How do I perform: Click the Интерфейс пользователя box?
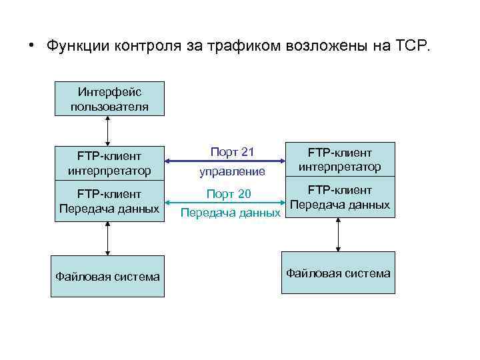tap(109, 99)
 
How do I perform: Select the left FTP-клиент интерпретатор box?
tap(109, 163)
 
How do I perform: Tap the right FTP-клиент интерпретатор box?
tap(339, 159)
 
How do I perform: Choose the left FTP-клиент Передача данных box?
tap(109, 201)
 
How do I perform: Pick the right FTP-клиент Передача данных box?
tap(339, 197)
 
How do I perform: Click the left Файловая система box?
tap(107, 276)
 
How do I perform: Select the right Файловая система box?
tap(338, 273)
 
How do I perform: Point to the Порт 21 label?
tap(232, 152)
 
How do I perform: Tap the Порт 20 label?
tap(229, 193)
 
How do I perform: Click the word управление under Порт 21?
tap(232, 171)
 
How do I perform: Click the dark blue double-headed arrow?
tap(224, 161)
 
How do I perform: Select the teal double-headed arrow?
tap(224, 202)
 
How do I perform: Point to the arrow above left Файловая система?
tap(107, 238)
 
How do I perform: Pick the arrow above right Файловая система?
tap(339, 234)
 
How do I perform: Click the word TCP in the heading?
tap(413, 46)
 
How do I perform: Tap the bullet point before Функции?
tap(31, 46)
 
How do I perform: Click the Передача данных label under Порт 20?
tap(230, 213)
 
